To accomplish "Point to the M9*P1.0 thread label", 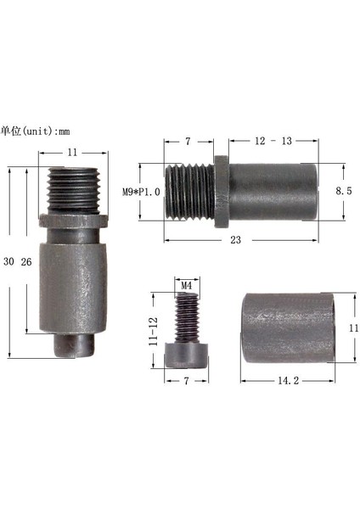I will (x=141, y=192).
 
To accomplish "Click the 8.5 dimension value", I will (x=343, y=193).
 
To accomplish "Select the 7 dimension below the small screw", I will (x=184, y=382).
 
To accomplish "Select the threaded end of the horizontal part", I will (x=191, y=191).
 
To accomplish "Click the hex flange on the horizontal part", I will (x=221, y=191).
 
